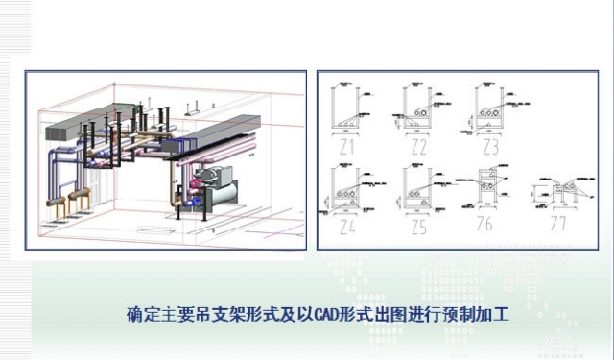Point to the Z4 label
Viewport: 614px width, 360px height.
[345, 228]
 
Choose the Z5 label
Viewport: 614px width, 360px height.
[418, 228]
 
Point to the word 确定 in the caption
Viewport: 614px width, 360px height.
[138, 313]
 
